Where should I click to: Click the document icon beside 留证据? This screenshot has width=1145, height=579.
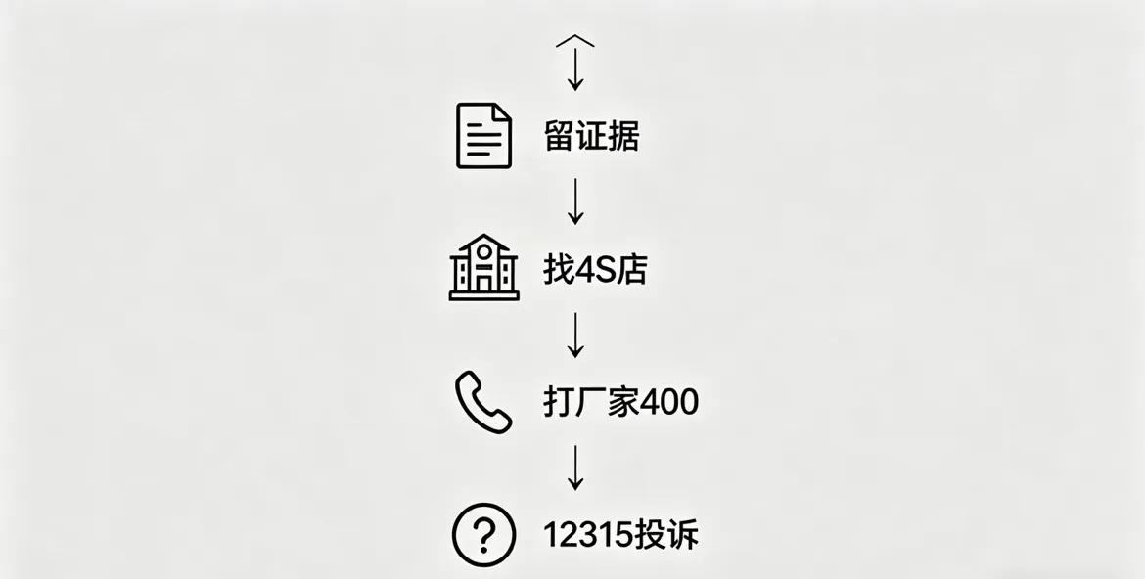point(483,136)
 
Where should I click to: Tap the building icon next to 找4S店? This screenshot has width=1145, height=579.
point(483,267)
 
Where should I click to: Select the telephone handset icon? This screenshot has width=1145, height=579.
point(483,402)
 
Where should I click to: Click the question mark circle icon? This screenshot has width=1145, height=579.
point(483,534)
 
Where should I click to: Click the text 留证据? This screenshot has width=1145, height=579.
point(591,136)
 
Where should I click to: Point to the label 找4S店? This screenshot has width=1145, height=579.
point(595,269)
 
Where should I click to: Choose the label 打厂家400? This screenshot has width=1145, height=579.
point(620,402)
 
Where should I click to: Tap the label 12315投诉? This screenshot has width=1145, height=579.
point(620,534)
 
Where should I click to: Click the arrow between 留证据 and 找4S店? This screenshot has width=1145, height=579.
point(575,200)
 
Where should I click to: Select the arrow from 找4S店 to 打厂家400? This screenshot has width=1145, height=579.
point(575,335)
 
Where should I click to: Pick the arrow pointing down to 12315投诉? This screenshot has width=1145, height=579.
point(575,468)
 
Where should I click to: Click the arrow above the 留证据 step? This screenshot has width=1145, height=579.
point(575,68)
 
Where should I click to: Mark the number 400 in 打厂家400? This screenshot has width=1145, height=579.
point(669,402)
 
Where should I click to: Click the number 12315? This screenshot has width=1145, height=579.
point(588,535)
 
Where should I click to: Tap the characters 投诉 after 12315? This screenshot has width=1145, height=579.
point(666,534)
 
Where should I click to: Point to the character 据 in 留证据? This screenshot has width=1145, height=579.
point(623,136)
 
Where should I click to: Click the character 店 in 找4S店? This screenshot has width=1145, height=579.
point(631,269)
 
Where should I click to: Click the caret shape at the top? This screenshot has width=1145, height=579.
point(575,41)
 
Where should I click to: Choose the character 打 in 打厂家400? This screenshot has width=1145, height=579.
point(560,402)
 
